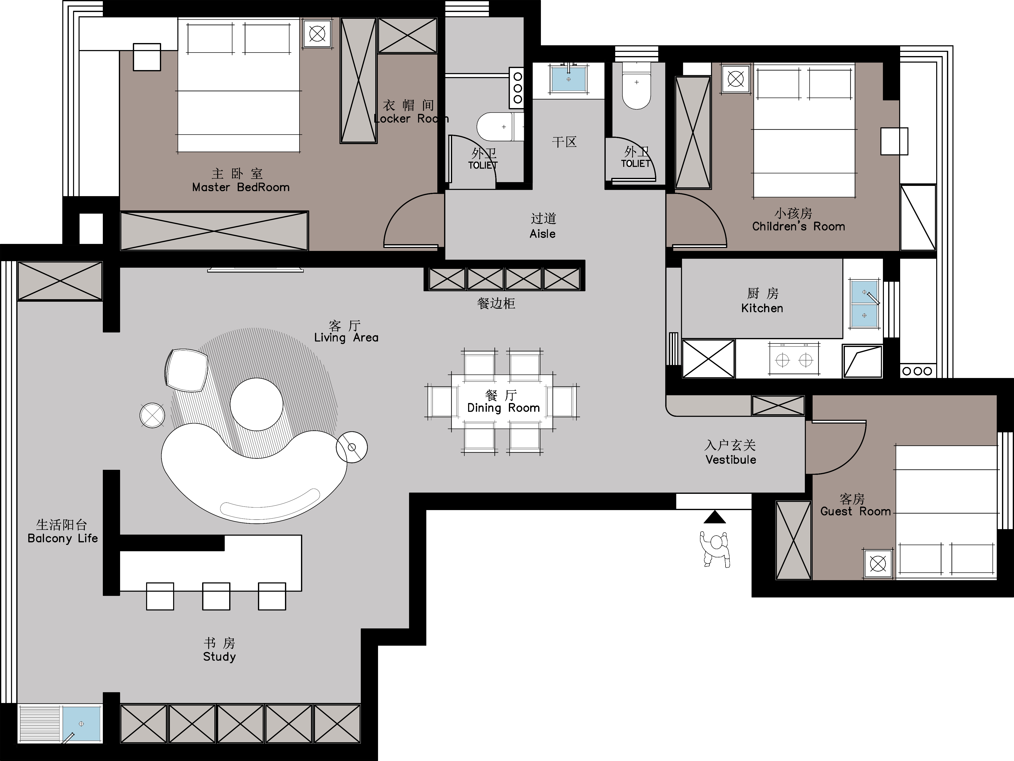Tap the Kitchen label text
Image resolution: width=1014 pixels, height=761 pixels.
pyautogui.click(x=762, y=308)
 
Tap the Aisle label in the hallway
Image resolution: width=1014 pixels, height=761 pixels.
pyautogui.click(x=542, y=234)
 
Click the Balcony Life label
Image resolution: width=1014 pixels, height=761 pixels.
pyautogui.click(x=63, y=538)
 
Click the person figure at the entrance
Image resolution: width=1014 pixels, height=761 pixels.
pyautogui.click(x=715, y=549)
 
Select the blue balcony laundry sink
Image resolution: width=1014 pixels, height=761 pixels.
pyautogui.click(x=82, y=723)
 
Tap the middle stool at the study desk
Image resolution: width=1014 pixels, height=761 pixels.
pyautogui.click(x=216, y=596)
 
